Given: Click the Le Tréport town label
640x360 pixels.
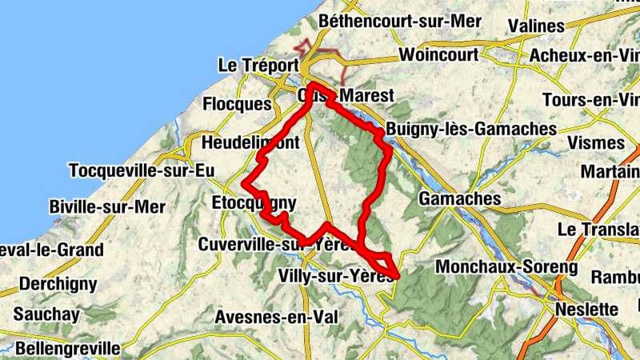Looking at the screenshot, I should point(258,65).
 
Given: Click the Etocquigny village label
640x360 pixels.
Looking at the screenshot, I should point(254,202).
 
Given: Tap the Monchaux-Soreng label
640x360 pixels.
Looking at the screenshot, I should point(506,266).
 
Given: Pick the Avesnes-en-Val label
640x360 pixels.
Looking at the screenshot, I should point(276,317).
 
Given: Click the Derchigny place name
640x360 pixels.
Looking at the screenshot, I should point(58,283).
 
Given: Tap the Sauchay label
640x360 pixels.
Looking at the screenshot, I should point(46,314).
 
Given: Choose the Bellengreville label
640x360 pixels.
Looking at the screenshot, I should point(67,349).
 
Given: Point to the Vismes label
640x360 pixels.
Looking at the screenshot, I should point(595,142).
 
